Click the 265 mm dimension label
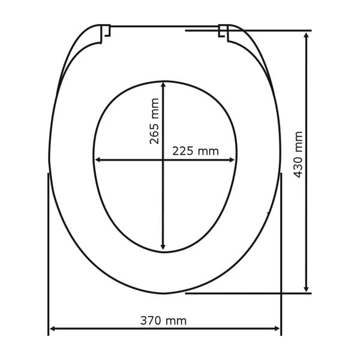coord(155,121)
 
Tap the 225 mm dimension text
coord(196,151)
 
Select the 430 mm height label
coord(298,154)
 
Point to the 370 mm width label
coord(163,321)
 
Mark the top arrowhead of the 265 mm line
coord(163,85)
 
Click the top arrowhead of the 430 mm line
coord(307,35)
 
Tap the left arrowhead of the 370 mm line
coord(52,329)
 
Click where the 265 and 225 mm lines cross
coord(163,160)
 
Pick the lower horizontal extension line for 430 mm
coord(252,293)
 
